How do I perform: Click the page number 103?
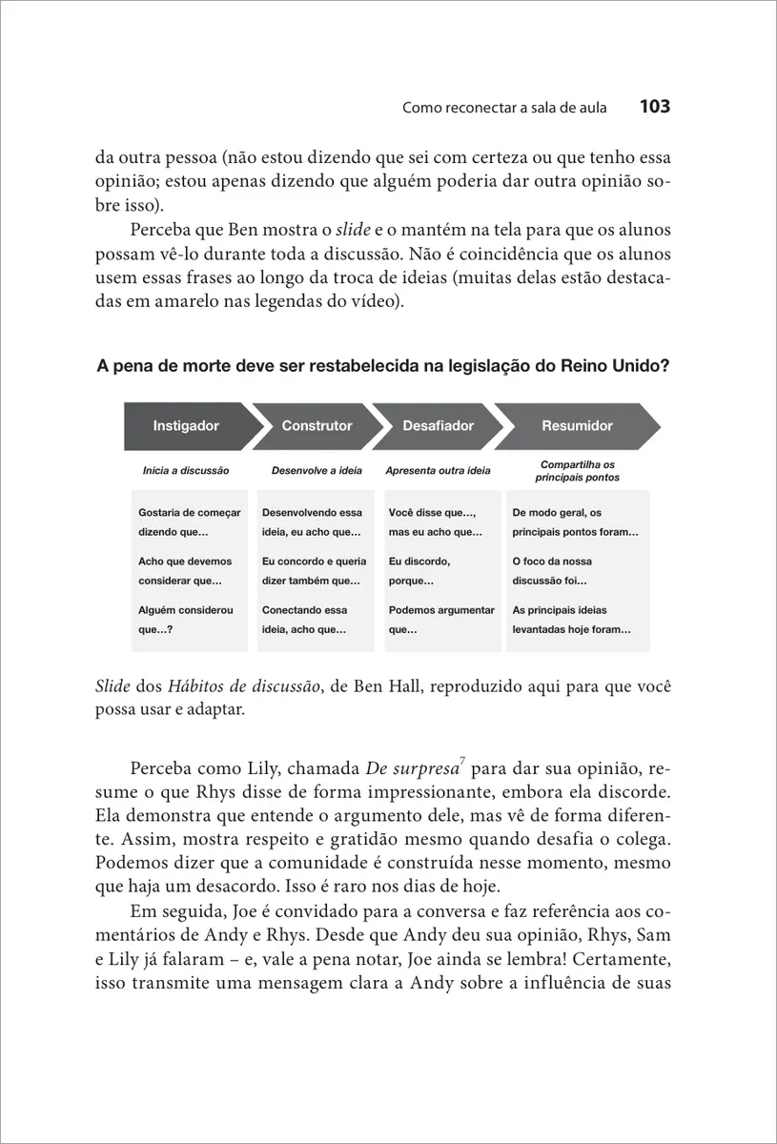point(655,107)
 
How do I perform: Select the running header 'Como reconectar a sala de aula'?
point(505,108)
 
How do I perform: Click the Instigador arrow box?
point(187,426)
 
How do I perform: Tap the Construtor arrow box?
point(317,426)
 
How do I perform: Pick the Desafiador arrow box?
point(438,426)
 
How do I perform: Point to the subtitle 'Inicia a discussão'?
point(186,471)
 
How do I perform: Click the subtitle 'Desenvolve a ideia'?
point(317,471)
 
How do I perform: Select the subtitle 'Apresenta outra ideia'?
point(438,471)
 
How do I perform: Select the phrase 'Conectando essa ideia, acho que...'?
point(305,620)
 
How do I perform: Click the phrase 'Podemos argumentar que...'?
point(441,620)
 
